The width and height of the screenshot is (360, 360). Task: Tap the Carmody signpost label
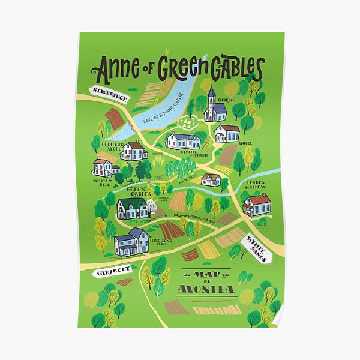(x=112, y=272)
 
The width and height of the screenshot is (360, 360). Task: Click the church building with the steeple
(x=214, y=107)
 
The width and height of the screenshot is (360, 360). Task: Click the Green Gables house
(x=133, y=208)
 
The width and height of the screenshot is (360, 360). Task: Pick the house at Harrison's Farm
(x=132, y=241)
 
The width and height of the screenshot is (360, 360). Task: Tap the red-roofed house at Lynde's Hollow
(x=257, y=205)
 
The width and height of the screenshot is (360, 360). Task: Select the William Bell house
(x=105, y=167)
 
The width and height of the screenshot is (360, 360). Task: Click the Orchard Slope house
(x=134, y=150)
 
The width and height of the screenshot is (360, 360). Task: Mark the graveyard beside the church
(x=189, y=123)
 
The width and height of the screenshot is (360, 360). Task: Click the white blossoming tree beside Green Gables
(x=152, y=208)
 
